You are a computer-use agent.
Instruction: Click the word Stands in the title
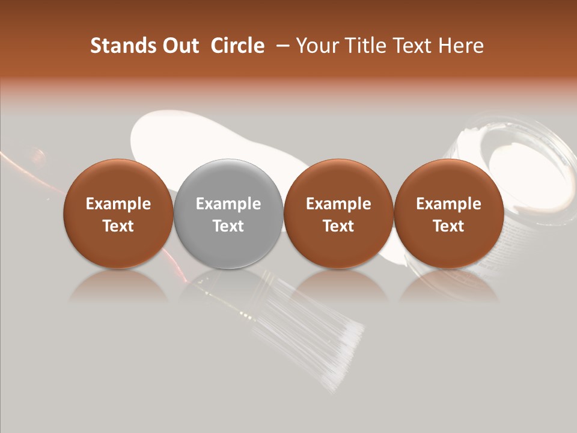[119, 46]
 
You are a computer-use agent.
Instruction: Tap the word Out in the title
[179, 46]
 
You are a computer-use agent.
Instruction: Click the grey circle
[228, 214]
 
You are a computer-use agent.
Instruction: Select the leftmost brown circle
[118, 214]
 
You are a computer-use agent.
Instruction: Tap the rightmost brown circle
[449, 214]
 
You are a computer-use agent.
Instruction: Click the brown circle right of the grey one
[338, 214]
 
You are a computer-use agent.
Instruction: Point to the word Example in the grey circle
[228, 204]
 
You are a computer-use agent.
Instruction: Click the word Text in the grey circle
[228, 226]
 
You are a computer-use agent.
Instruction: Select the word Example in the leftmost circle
[118, 204]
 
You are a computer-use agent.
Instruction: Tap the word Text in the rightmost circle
[449, 226]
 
